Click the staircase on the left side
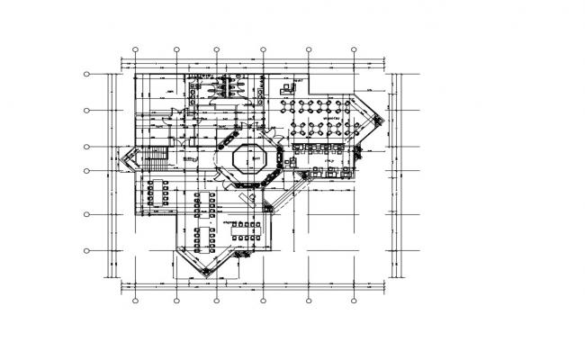point(155,159)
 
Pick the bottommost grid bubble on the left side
point(87,250)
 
